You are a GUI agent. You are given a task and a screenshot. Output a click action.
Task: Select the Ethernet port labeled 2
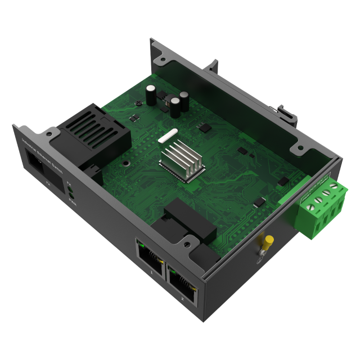tap(182, 283)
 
